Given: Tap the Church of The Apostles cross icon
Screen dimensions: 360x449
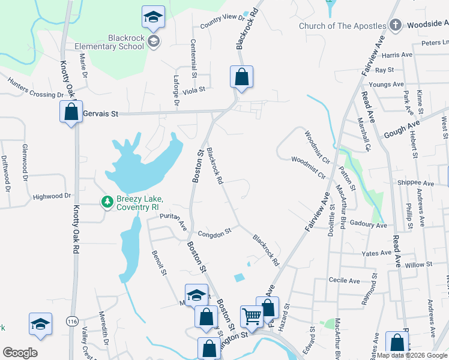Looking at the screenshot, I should tap(394, 25).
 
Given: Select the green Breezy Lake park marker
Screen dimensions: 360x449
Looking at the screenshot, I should tap(107, 202).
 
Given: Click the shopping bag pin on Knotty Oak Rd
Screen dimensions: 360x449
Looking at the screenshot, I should tap(71, 112).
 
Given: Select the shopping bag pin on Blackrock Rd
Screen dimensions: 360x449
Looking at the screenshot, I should tap(241, 77).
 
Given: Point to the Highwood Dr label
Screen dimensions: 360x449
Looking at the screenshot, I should tap(52, 196).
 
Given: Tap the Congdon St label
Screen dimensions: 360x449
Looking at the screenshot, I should tap(214, 232).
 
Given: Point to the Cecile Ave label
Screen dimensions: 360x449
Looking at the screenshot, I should tap(344, 280).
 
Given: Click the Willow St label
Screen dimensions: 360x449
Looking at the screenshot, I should tap(418, 265).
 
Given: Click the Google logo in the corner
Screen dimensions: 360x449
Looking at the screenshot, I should tap(20, 352).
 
